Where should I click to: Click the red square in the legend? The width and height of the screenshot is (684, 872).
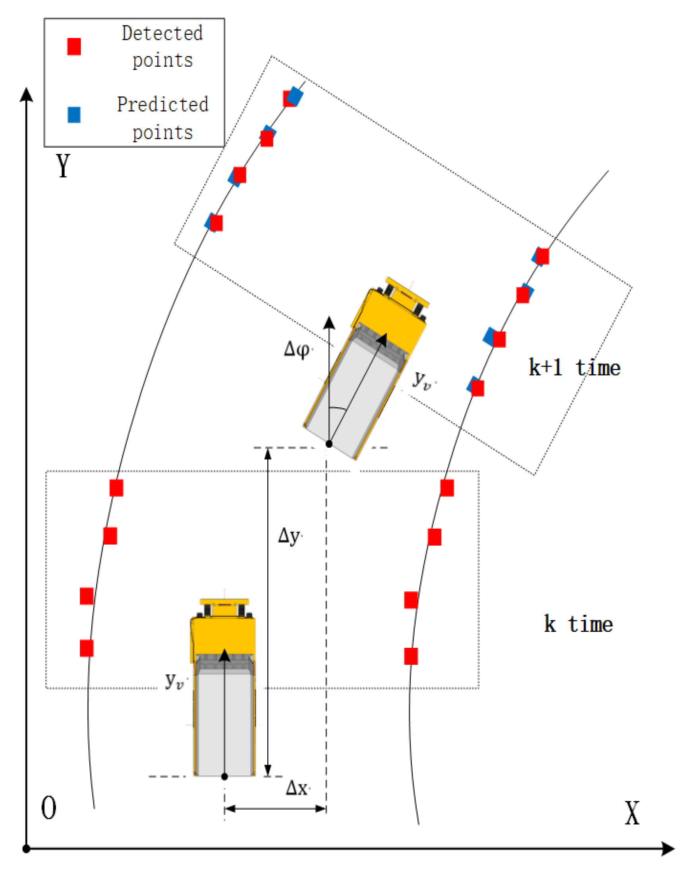[x=74, y=46]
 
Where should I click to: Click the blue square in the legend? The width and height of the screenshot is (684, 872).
[x=74, y=115]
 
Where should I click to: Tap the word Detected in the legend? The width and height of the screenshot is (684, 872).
[x=162, y=33]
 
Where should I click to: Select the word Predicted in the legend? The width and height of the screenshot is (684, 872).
[x=162, y=105]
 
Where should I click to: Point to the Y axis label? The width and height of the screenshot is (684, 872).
[x=63, y=166]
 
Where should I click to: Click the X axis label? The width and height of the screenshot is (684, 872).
[x=632, y=814]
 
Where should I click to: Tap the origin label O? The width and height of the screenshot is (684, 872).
[x=49, y=808]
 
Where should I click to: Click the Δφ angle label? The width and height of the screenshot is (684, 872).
[x=297, y=349]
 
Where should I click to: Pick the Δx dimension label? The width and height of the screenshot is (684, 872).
[x=297, y=789]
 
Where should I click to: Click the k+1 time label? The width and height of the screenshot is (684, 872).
[x=574, y=368]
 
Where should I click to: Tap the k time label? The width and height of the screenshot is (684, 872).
[x=578, y=624]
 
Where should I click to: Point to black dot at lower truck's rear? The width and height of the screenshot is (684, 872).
[x=224, y=776]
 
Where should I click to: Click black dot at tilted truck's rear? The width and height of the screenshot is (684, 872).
[x=329, y=444]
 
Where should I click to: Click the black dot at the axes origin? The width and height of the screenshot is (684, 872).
[x=27, y=849]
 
